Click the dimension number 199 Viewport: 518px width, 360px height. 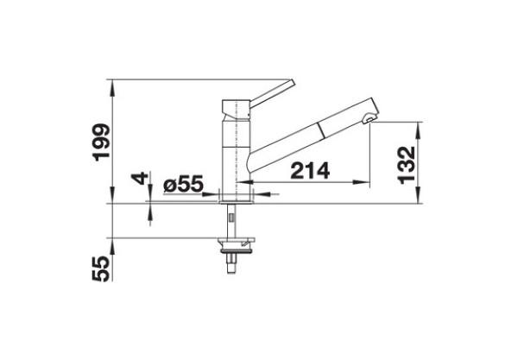(102, 142)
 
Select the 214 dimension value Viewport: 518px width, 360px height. (308, 171)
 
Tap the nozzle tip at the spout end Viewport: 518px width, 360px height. (370, 119)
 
